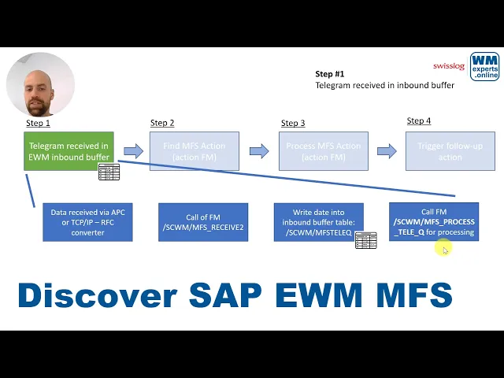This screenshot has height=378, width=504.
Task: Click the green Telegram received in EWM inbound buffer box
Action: [69, 151]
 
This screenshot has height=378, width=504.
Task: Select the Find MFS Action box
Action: [194, 151]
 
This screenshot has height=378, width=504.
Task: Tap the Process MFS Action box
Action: [324, 151]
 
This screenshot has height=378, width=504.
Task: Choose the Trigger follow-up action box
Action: [450, 151]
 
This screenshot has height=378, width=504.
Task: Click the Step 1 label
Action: [38, 123]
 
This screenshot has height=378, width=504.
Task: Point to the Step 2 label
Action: [162, 123]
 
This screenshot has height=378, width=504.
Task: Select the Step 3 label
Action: [293, 123]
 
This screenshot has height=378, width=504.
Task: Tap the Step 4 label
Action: [419, 121]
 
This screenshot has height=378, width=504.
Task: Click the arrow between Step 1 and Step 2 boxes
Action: [133, 151]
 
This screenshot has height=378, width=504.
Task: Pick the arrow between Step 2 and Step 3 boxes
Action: [259, 151]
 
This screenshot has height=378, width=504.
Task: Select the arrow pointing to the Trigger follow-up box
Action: [386, 151]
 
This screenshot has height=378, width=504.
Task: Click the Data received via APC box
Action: [87, 222]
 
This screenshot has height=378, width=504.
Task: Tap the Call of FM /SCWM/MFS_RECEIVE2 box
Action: [203, 222]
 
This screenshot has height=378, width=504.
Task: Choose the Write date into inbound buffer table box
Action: [318, 222]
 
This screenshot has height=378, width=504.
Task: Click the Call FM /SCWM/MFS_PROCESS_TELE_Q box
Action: [434, 222]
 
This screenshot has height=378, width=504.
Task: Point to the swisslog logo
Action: [449, 66]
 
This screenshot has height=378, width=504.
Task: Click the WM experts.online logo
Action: [484, 67]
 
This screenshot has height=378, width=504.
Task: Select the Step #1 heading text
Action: [330, 74]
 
